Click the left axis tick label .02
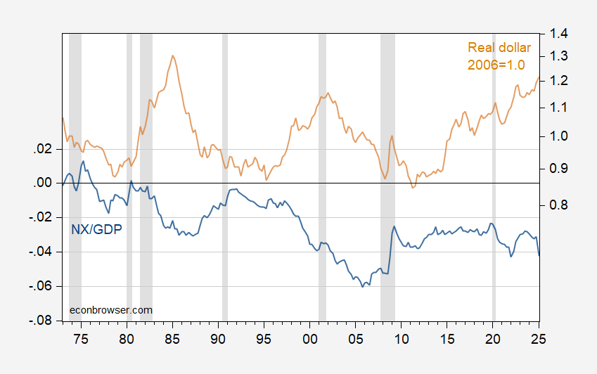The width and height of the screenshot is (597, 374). (x=43, y=149)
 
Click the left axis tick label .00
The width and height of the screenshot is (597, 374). (x=43, y=183)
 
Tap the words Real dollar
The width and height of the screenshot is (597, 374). (x=499, y=48)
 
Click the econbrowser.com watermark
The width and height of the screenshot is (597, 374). (x=111, y=309)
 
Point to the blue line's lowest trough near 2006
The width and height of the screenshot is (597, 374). (x=363, y=286)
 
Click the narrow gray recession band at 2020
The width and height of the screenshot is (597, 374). (x=494, y=176)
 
